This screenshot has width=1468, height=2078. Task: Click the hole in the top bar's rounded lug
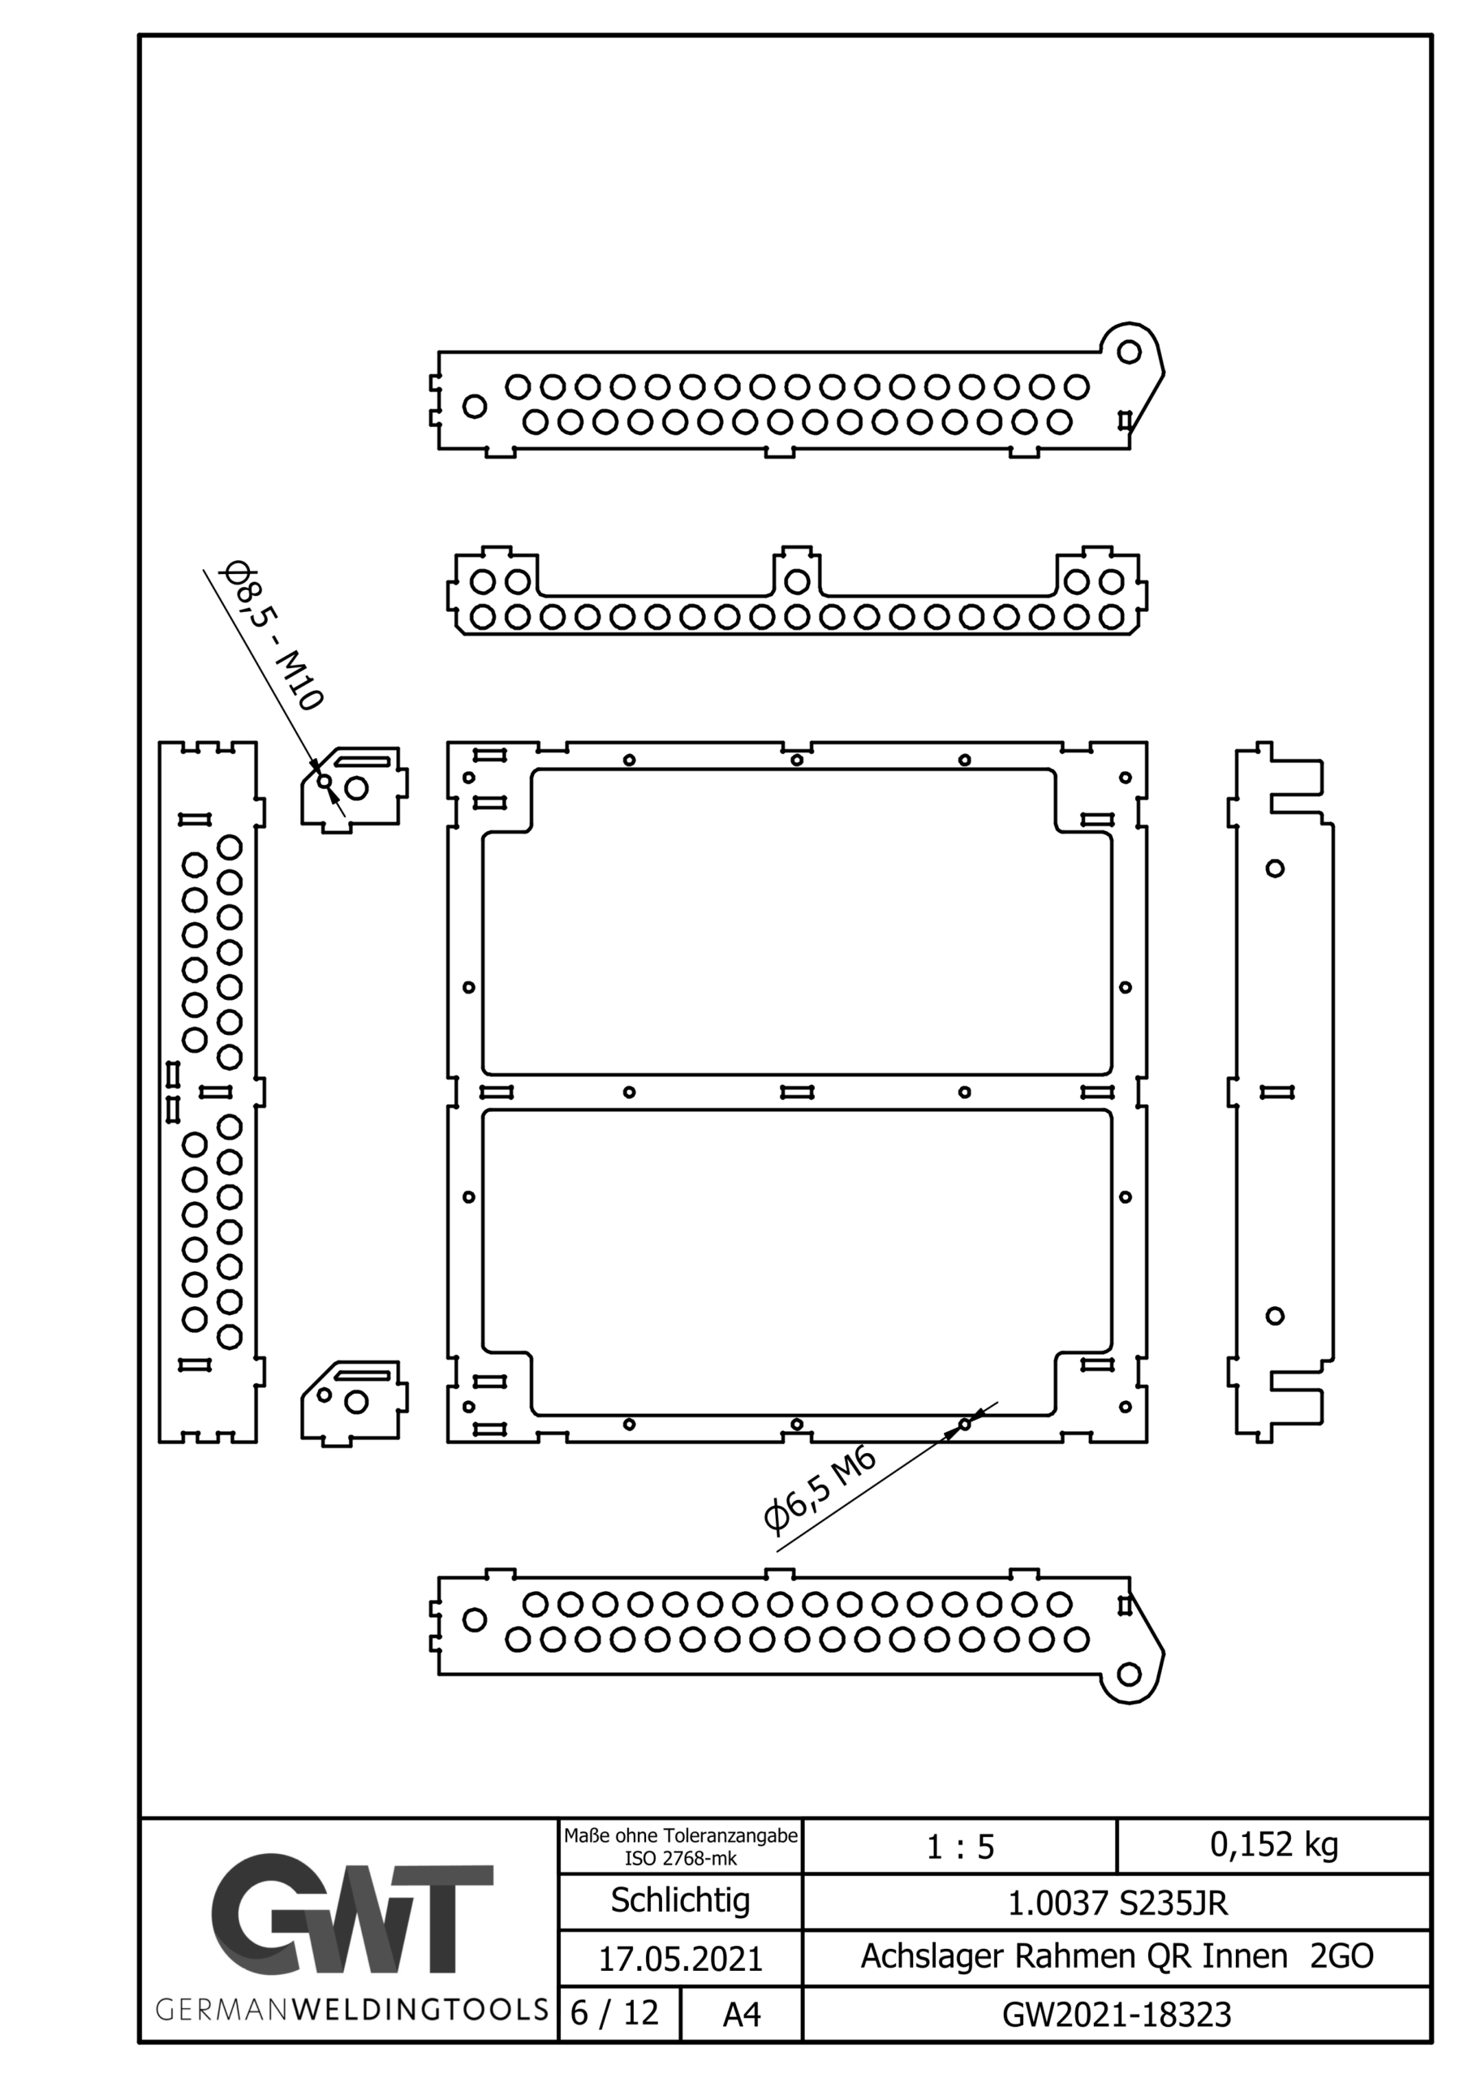(x=1129, y=352)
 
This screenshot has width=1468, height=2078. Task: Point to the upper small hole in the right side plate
(x=1275, y=869)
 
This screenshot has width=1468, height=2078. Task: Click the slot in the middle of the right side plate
(x=1277, y=1093)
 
